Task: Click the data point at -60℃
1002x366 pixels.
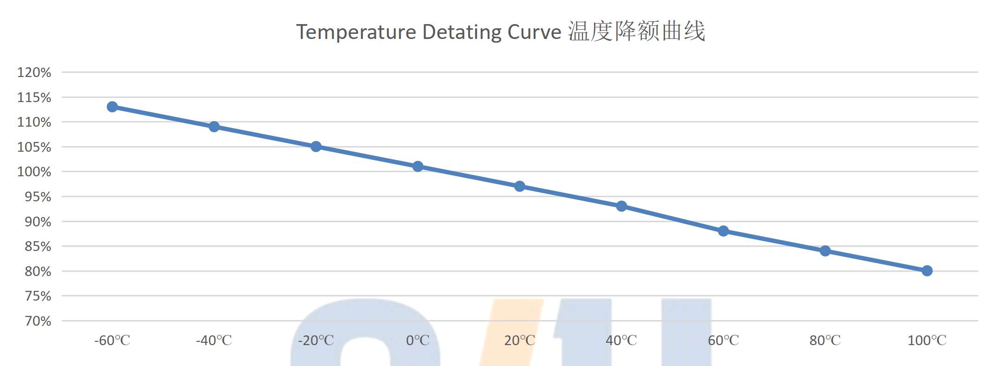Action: click(x=112, y=107)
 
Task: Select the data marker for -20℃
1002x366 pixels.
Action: click(x=316, y=147)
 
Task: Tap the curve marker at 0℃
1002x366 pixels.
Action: click(x=418, y=167)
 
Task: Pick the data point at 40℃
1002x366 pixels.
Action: click(x=621, y=206)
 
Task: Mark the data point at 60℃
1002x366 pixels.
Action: click(x=723, y=231)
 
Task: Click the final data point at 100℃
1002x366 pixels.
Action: click(x=927, y=271)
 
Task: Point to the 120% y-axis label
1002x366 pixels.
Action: click(x=34, y=72)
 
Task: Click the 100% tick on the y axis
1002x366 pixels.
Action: click(x=34, y=172)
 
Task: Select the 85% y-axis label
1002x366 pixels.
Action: click(x=38, y=246)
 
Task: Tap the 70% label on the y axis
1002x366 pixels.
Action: click(x=38, y=321)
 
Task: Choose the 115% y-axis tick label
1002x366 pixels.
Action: click(x=34, y=97)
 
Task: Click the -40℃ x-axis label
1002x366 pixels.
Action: click(x=214, y=340)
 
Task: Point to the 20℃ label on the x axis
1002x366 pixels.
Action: click(x=520, y=340)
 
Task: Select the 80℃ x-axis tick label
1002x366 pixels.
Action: click(x=825, y=340)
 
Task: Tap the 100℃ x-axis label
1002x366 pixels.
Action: click(x=927, y=340)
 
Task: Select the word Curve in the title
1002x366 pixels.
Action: click(x=535, y=32)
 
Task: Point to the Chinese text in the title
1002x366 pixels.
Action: click(x=637, y=32)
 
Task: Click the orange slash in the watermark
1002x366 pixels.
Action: click(x=511, y=332)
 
